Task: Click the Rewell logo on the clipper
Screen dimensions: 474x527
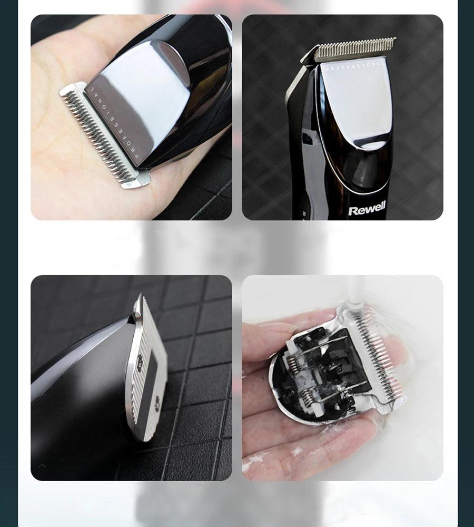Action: [367, 208]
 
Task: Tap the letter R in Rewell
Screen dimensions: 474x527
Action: [352, 211]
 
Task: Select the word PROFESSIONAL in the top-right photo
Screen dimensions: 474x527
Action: [355, 66]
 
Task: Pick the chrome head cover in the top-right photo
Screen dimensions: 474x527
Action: [356, 104]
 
